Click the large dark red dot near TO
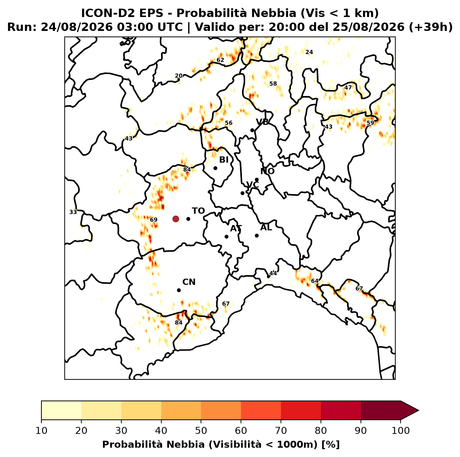(176, 219)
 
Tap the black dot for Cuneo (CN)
(179, 290)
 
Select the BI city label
(224, 160)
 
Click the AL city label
(266, 227)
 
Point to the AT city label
(236, 228)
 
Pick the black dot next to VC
(243, 193)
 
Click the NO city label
(267, 171)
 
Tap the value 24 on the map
(309, 52)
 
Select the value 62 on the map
(220, 60)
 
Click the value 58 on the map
(273, 83)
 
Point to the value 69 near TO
(153, 219)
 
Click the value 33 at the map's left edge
(73, 212)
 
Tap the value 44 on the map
(273, 273)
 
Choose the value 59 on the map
(370, 123)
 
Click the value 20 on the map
(179, 76)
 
